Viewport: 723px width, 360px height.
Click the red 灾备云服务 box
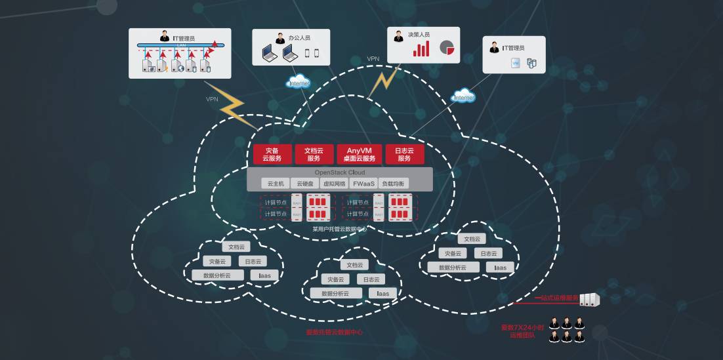(x=272, y=154)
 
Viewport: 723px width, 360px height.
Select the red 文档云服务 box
(x=314, y=154)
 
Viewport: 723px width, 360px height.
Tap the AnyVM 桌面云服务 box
(x=360, y=154)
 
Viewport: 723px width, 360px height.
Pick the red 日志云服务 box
(x=404, y=154)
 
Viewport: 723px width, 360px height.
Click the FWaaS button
(x=363, y=184)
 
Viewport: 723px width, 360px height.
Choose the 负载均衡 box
(x=394, y=184)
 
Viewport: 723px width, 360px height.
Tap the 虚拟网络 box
(x=334, y=184)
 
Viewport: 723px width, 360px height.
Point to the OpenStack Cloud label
(x=340, y=172)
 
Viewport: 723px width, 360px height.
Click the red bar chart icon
(x=421, y=49)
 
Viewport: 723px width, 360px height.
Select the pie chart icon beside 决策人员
(x=447, y=48)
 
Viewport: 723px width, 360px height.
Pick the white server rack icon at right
(x=590, y=300)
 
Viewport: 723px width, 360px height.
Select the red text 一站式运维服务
(x=557, y=298)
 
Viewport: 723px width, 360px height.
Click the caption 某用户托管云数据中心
(x=339, y=229)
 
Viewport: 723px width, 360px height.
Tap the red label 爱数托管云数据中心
(x=335, y=332)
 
